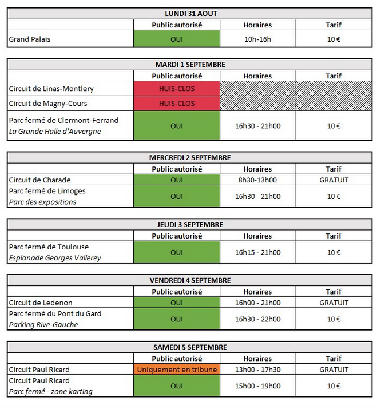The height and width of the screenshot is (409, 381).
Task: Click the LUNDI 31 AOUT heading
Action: pos(190,14)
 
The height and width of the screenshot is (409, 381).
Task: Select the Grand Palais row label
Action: pos(30,39)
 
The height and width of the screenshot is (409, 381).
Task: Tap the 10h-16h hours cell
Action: pos(257,39)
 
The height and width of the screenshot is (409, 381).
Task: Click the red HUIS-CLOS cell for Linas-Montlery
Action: pos(177,89)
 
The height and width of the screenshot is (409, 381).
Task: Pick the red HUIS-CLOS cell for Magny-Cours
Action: pos(177,104)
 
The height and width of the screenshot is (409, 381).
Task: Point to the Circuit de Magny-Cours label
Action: pos(48,104)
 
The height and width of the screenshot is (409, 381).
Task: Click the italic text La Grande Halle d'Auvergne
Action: pos(55,131)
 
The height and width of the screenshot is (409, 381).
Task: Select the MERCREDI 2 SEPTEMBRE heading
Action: pos(190,157)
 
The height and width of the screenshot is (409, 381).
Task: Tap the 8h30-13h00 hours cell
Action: pos(257,180)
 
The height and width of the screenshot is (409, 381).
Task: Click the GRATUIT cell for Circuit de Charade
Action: pos(334,180)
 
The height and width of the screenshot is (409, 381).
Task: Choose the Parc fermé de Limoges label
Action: pos(47,191)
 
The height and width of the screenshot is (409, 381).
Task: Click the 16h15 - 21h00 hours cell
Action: pos(257,252)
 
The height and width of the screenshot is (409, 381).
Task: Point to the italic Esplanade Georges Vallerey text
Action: pos(55,258)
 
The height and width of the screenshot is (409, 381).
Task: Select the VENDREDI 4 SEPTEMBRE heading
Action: pos(190,280)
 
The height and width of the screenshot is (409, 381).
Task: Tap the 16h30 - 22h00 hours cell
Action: pos(257,319)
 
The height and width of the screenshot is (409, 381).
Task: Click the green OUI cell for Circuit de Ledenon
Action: pos(177,303)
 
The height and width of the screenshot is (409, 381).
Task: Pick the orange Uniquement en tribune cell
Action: pos(177,370)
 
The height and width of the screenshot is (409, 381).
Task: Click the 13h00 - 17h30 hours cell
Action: pos(257,370)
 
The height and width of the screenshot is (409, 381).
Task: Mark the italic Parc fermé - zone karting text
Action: pos(50,391)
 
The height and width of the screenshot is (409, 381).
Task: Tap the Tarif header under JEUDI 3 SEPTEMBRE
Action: pos(334,236)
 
